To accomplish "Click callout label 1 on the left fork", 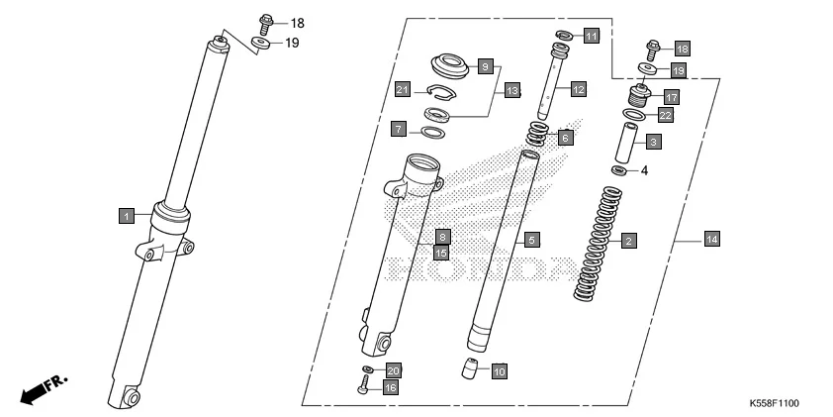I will coord(126,214).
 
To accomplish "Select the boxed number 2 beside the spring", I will coord(627,240).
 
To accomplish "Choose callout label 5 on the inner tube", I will coord(531,240).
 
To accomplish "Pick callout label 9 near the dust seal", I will coord(485,66).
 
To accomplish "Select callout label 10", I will coord(499,371).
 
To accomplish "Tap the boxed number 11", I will coord(591,37).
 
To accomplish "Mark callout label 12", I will coord(578,89).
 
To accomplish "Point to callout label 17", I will coord(670,97).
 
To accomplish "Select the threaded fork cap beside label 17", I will coord(639,99).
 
